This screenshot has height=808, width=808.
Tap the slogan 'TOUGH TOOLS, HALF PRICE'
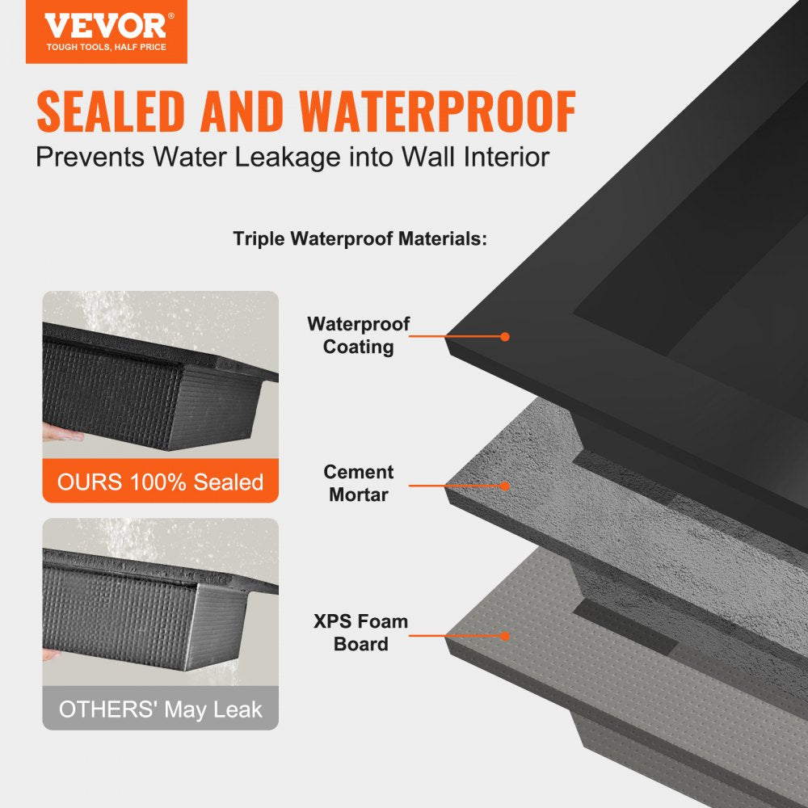point(106,48)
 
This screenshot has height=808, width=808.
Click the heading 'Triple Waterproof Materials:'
point(360,239)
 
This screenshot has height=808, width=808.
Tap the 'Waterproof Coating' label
point(358,335)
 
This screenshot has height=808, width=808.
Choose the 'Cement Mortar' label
point(358,483)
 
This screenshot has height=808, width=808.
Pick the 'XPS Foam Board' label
point(360,633)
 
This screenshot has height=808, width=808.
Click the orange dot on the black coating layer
point(505,336)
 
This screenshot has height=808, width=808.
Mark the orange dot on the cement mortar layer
point(505,486)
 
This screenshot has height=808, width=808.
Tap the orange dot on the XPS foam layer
point(505,636)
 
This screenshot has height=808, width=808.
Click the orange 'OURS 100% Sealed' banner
point(160,482)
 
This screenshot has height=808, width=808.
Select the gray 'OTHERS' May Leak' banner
point(160,709)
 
